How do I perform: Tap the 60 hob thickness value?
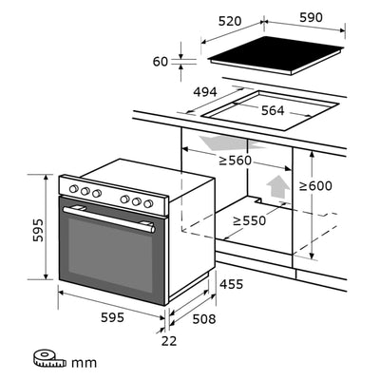[160, 62]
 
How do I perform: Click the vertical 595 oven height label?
[35, 228]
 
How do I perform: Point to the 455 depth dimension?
[232, 283]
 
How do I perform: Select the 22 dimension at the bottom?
[168, 341]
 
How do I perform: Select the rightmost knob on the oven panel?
[147, 202]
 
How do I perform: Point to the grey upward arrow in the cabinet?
[276, 185]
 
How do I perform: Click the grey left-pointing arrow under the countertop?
[210, 142]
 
